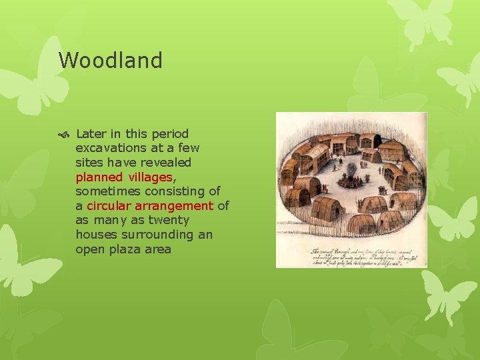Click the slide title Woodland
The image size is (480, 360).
pos(111,61)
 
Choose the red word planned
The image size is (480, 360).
pos(99,177)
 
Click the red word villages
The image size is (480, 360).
pos(151,177)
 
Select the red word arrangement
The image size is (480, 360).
pos(175,206)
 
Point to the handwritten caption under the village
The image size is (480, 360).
pos(351,256)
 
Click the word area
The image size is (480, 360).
pos(159,249)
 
